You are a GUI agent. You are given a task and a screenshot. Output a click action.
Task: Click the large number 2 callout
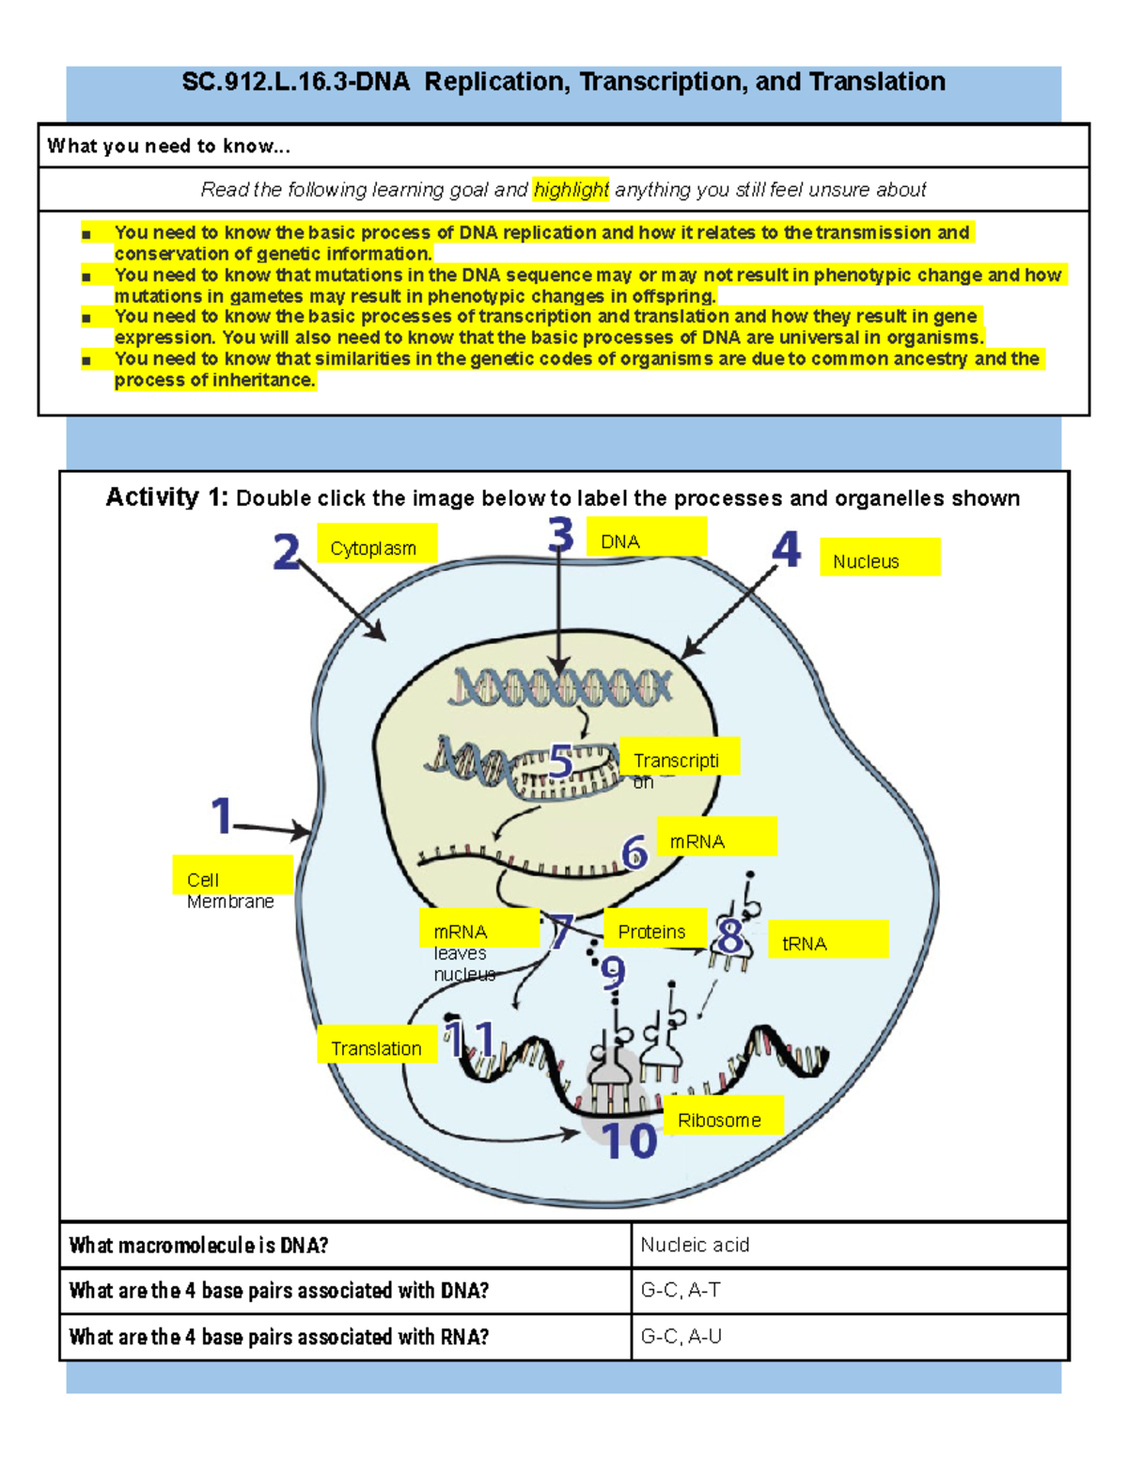pos(287,552)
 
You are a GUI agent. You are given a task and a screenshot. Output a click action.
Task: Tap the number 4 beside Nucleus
pos(786,550)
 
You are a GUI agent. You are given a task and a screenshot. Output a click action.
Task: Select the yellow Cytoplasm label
pos(377,544)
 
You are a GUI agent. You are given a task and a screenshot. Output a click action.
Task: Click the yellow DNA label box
pos(646,538)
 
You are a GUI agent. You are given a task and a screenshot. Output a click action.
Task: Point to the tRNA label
pos(827,939)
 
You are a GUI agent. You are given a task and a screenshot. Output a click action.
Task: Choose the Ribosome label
pos(722,1116)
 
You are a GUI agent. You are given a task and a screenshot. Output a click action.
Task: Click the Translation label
pos(377,1044)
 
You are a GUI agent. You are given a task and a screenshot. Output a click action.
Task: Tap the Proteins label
pos(654,928)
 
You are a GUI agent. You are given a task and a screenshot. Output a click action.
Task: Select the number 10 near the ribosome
pos(628,1140)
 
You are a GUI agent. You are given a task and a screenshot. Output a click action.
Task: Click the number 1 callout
pos(222,815)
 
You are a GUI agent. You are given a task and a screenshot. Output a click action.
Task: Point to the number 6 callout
pos(635,853)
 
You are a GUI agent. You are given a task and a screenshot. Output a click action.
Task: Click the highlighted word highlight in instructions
pos(571,190)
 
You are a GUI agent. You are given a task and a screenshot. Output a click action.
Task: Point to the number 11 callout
pos(469,1040)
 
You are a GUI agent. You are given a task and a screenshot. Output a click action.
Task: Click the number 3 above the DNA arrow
pos(561,536)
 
